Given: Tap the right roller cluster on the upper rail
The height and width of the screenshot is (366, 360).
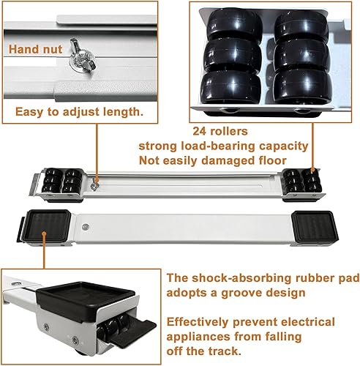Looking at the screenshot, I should tap(302, 180).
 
